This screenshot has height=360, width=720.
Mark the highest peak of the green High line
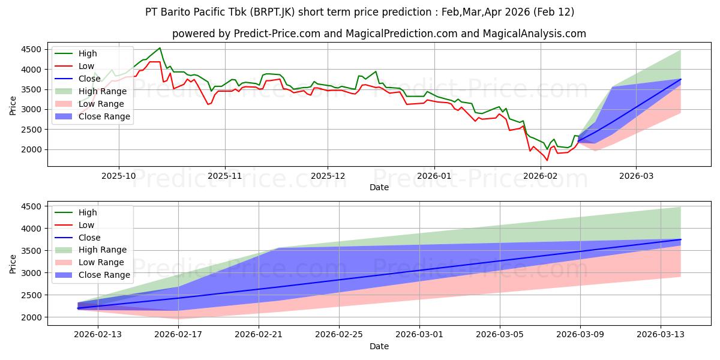[x=160, y=48]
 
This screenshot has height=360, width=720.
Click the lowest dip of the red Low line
[x=547, y=160]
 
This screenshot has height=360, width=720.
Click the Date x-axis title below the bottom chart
[x=379, y=346]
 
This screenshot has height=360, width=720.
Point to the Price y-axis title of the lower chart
[x=14, y=262]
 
